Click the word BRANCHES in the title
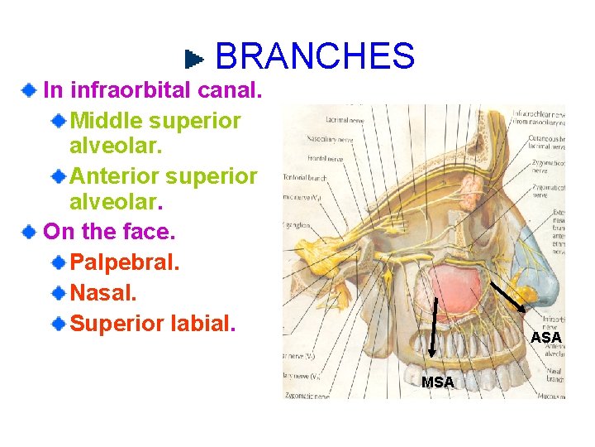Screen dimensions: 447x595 314,56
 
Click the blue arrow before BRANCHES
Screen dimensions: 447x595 194,59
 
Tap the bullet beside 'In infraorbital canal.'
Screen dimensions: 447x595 30,89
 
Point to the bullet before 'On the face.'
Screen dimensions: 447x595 30,231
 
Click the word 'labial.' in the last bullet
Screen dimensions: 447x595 202,322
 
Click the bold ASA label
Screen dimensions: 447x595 546,338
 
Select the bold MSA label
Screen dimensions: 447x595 437,382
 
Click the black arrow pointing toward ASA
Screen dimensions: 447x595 514,302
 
